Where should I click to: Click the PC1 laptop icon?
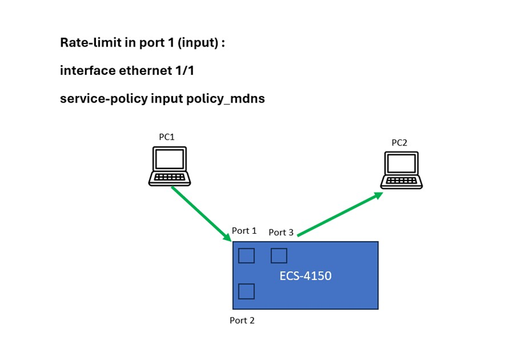point(170,166)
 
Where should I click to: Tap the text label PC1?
point(167,137)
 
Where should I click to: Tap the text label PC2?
point(399,143)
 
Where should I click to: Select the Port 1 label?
point(244,231)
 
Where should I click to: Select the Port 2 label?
point(242,320)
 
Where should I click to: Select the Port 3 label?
point(281,232)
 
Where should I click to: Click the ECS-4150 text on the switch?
point(305,276)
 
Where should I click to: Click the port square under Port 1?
point(246,256)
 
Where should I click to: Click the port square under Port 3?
point(279,256)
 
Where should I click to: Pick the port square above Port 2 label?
point(246,292)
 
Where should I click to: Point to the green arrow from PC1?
point(201,214)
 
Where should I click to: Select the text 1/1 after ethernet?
point(182,71)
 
